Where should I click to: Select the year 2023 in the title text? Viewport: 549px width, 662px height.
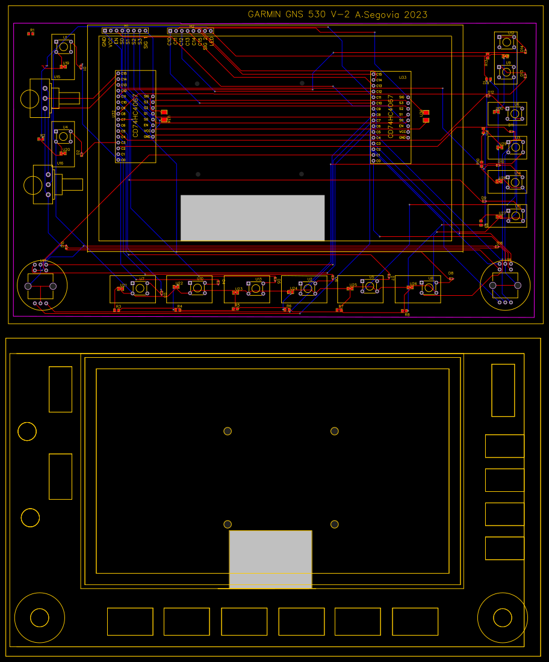coord(415,14)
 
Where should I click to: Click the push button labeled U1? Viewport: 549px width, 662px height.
coord(63,48)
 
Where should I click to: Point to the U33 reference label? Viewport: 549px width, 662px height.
coord(402,77)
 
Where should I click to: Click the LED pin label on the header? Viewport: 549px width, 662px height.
coord(211,41)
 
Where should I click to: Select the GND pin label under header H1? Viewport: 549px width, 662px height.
coord(104,42)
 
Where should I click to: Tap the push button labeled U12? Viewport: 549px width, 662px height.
coord(507,41)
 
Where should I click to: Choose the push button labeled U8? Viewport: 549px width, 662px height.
coord(429,289)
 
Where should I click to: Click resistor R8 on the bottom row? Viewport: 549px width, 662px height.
coord(405,311)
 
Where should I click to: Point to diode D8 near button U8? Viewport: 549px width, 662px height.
coord(451,278)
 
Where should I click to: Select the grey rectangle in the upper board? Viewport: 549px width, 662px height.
coord(252,218)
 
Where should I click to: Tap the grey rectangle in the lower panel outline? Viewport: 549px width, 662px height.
coord(270,559)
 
